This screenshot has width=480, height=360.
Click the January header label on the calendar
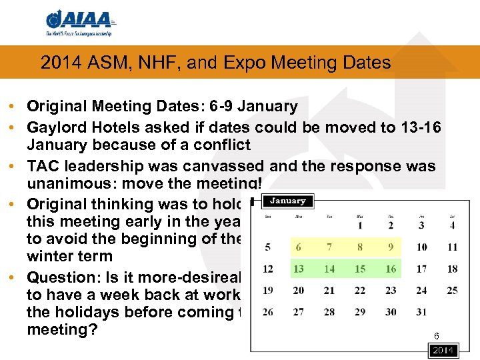click(x=287, y=201)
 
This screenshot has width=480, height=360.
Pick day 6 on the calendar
click(x=298, y=247)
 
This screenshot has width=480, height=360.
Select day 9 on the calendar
click(x=391, y=247)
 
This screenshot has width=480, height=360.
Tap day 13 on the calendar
click(x=298, y=269)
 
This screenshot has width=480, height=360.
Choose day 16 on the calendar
click(x=391, y=269)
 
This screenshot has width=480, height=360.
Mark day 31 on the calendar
click(x=421, y=312)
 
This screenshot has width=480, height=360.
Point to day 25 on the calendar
click(x=452, y=291)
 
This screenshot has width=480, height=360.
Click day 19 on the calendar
click(x=268, y=291)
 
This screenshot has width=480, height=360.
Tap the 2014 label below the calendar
click(x=443, y=351)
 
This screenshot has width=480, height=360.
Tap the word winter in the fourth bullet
click(x=51, y=257)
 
